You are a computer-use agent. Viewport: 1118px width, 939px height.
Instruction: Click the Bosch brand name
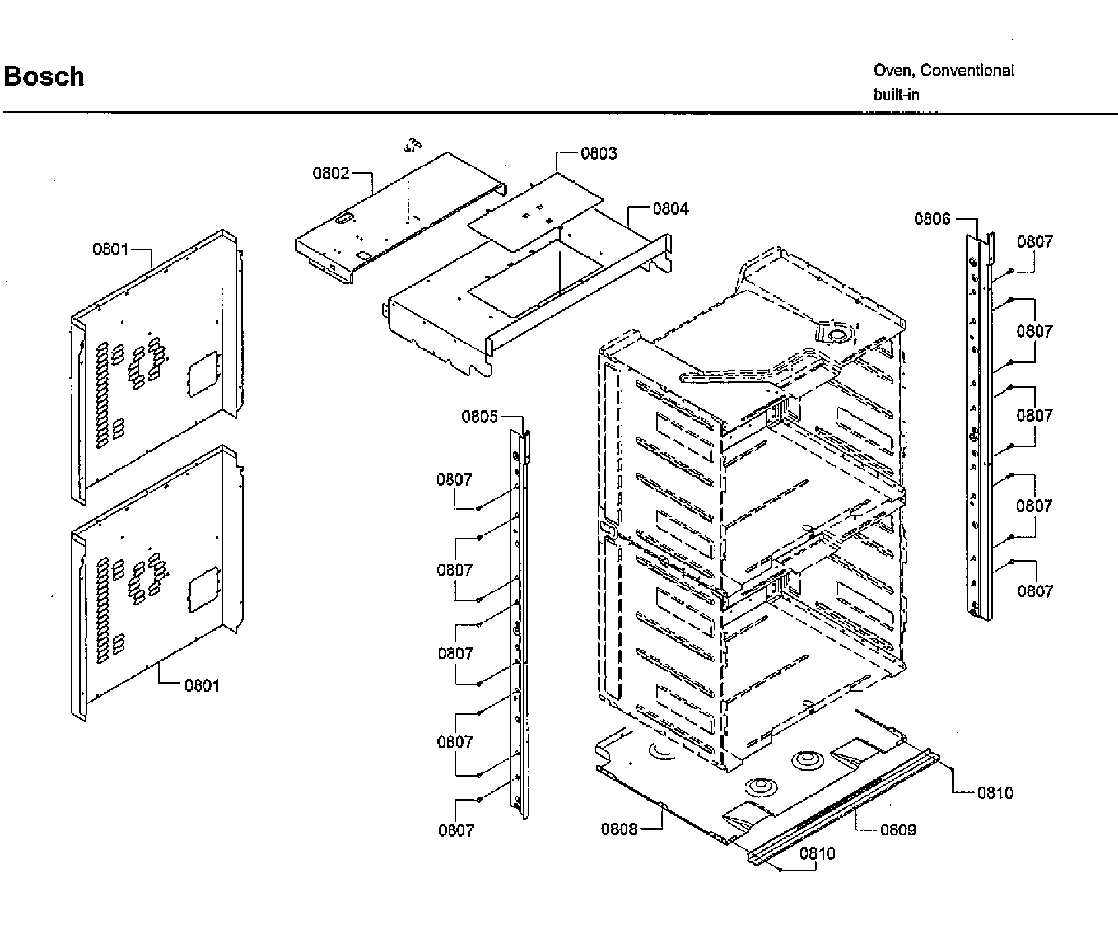44,76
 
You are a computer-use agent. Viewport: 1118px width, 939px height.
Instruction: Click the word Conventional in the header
967,71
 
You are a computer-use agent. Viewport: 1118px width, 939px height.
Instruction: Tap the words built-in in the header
896,94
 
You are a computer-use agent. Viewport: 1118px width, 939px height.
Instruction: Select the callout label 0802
331,173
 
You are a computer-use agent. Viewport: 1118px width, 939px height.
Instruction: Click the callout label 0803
599,154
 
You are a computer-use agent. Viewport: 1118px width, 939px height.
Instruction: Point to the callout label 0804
670,209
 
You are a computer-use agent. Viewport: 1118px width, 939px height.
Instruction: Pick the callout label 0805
480,417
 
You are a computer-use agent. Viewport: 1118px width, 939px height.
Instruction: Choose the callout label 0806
932,219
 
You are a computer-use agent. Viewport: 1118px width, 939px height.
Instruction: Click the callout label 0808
619,829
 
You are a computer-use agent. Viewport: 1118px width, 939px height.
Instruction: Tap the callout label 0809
898,830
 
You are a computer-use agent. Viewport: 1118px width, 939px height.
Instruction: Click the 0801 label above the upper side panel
111,249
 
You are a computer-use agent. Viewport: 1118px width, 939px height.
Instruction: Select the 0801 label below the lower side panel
202,686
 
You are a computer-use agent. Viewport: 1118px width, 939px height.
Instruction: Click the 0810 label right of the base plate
995,793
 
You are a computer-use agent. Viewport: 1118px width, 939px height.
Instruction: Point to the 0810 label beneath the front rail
817,854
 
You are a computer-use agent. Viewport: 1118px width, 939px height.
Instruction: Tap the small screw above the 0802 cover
414,145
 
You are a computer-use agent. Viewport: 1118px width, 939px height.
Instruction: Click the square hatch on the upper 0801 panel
202,374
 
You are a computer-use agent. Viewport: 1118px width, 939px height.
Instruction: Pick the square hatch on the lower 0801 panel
202,588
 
